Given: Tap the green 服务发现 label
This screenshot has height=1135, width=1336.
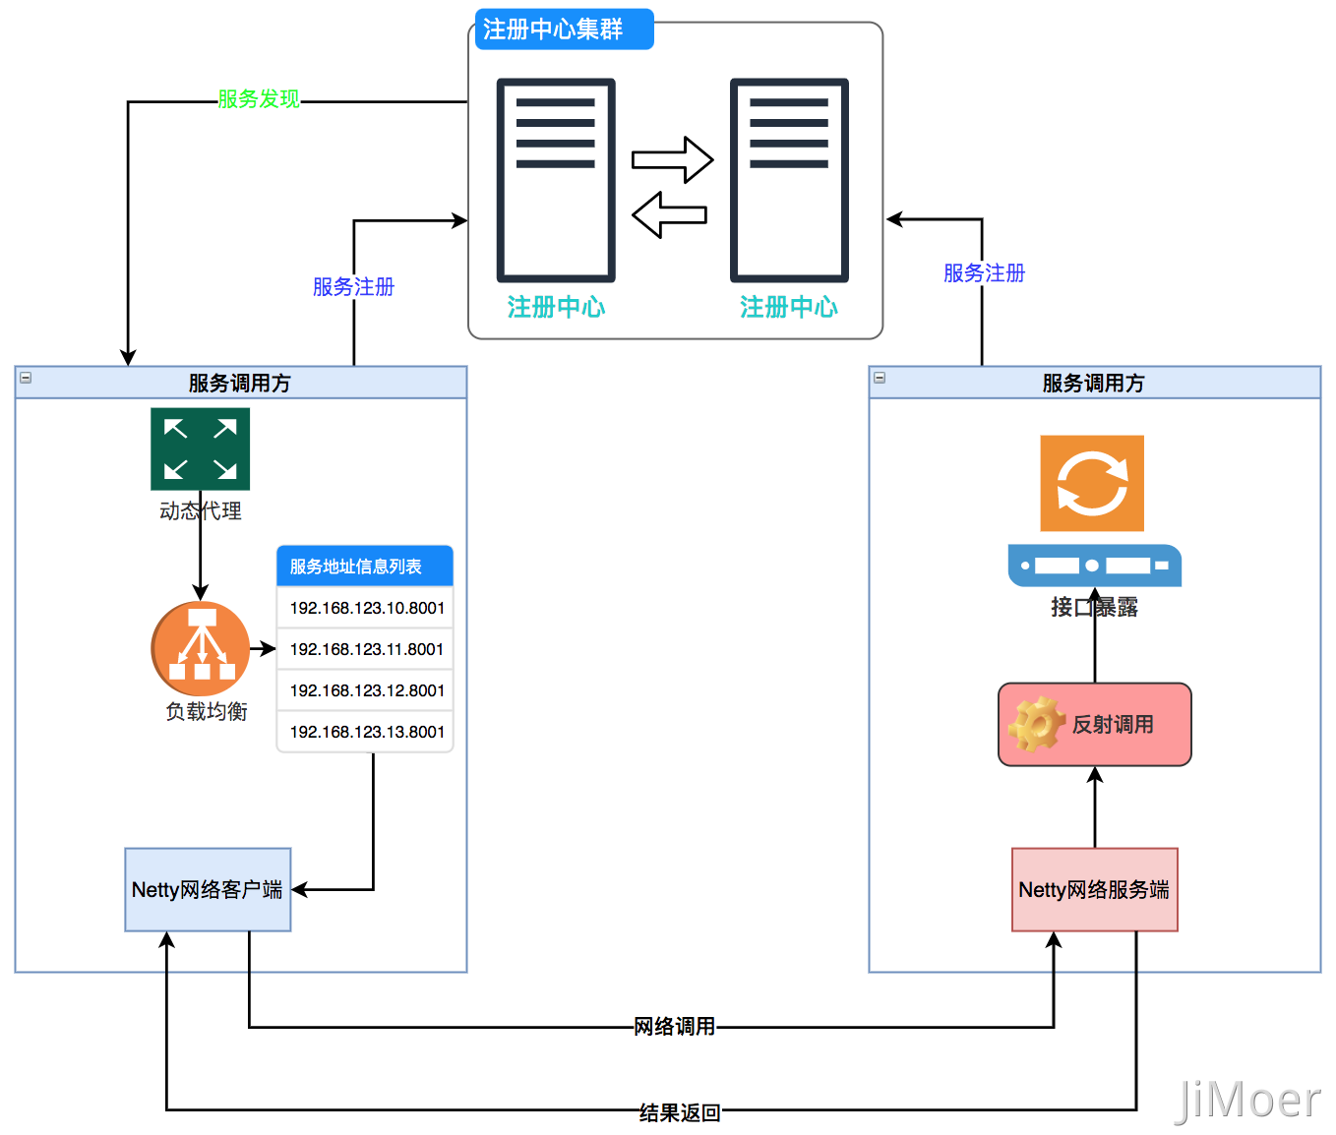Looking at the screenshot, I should pos(259,99).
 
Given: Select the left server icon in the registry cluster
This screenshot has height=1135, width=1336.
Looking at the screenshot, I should pos(556,180).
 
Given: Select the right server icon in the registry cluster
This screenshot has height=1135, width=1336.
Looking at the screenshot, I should pos(789,180).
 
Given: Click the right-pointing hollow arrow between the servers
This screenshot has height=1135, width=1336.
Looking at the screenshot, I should pos(672,159).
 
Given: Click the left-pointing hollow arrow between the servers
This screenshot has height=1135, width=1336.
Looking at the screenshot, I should pos(669,214).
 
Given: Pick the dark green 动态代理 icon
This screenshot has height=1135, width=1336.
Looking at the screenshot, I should pos(200,448).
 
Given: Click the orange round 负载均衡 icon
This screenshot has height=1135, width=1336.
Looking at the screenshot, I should pos(201,649).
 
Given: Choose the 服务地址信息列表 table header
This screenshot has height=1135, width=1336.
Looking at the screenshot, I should pos(365,567).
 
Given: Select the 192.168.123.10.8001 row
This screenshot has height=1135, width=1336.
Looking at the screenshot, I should pos(366,608).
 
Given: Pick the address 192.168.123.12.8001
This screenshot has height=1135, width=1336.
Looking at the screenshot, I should pos(366,690).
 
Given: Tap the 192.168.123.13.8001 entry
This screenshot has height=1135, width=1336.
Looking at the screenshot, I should pos(366,732).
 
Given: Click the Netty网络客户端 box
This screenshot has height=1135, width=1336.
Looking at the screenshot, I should pos(208,889).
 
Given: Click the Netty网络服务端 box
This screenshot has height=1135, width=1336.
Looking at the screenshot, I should pos(1094,889).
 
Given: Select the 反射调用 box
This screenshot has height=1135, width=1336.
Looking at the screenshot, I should pos(1094,725).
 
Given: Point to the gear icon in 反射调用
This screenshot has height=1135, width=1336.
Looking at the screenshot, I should pos(1036,725).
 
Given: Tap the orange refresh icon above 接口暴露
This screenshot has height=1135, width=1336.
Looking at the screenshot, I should pos(1092,483).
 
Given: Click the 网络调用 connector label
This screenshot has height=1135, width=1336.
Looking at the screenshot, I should pos(674,1027).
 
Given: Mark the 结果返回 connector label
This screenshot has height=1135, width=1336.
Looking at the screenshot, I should pos(680,1112).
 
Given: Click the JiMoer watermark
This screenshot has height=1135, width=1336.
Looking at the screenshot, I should pos(1247,1100).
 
